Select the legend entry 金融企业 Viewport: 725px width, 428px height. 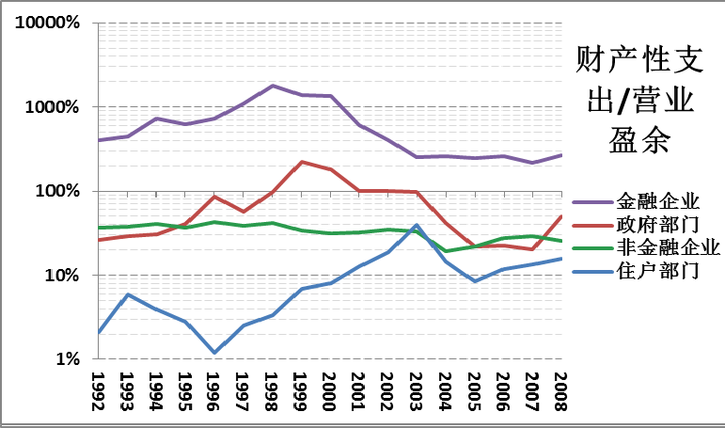(657, 201)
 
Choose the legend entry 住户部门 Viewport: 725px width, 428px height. (657, 272)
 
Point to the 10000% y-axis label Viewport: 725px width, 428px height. (47, 23)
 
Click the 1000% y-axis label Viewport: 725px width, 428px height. (53, 107)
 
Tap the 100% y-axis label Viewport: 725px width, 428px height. (58, 191)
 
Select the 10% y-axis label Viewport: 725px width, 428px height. (63, 276)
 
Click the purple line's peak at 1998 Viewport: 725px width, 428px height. (272, 86)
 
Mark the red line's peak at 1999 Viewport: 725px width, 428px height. (301, 162)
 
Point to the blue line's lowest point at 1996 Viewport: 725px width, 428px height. (214, 353)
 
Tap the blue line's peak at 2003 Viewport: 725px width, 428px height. (417, 226)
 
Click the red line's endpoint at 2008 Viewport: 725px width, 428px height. (561, 216)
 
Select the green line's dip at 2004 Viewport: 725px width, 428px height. (446, 251)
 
